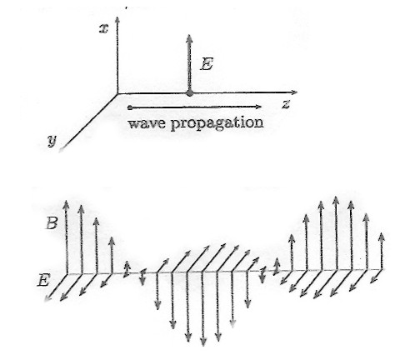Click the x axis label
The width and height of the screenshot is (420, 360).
pyautogui.click(x=103, y=29)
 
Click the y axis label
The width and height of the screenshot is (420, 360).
pyautogui.click(x=52, y=141)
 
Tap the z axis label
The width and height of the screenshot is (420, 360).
pyautogui.click(x=286, y=105)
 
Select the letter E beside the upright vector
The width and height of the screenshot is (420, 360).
pyautogui.click(x=207, y=64)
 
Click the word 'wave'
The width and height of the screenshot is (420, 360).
pyautogui.click(x=147, y=122)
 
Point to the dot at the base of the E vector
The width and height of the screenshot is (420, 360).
pyautogui.click(x=190, y=93)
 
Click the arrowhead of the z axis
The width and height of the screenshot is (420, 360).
pyautogui.click(x=294, y=92)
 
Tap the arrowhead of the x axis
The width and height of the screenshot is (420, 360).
pyautogui.click(x=117, y=20)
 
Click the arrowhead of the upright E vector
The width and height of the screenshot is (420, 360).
pyautogui.click(x=189, y=38)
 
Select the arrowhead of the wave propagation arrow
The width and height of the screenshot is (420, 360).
pyautogui.click(x=258, y=107)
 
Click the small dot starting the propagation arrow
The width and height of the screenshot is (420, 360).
pyautogui.click(x=130, y=107)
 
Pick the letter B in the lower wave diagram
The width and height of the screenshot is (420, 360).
pyautogui.click(x=52, y=222)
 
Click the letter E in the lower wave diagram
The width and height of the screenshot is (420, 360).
pyautogui.click(x=43, y=281)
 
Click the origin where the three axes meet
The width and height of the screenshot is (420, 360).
pyautogui.click(x=117, y=94)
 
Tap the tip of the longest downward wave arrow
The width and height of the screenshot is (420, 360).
pyautogui.click(x=203, y=346)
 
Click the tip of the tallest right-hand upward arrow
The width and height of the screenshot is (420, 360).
pyautogui.click(x=336, y=197)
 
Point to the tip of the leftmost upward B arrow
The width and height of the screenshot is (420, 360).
pyautogui.click(x=66, y=200)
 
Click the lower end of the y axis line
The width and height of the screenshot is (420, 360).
pyautogui.click(x=59, y=151)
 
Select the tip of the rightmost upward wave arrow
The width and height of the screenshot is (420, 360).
pyautogui.click(x=382, y=233)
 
